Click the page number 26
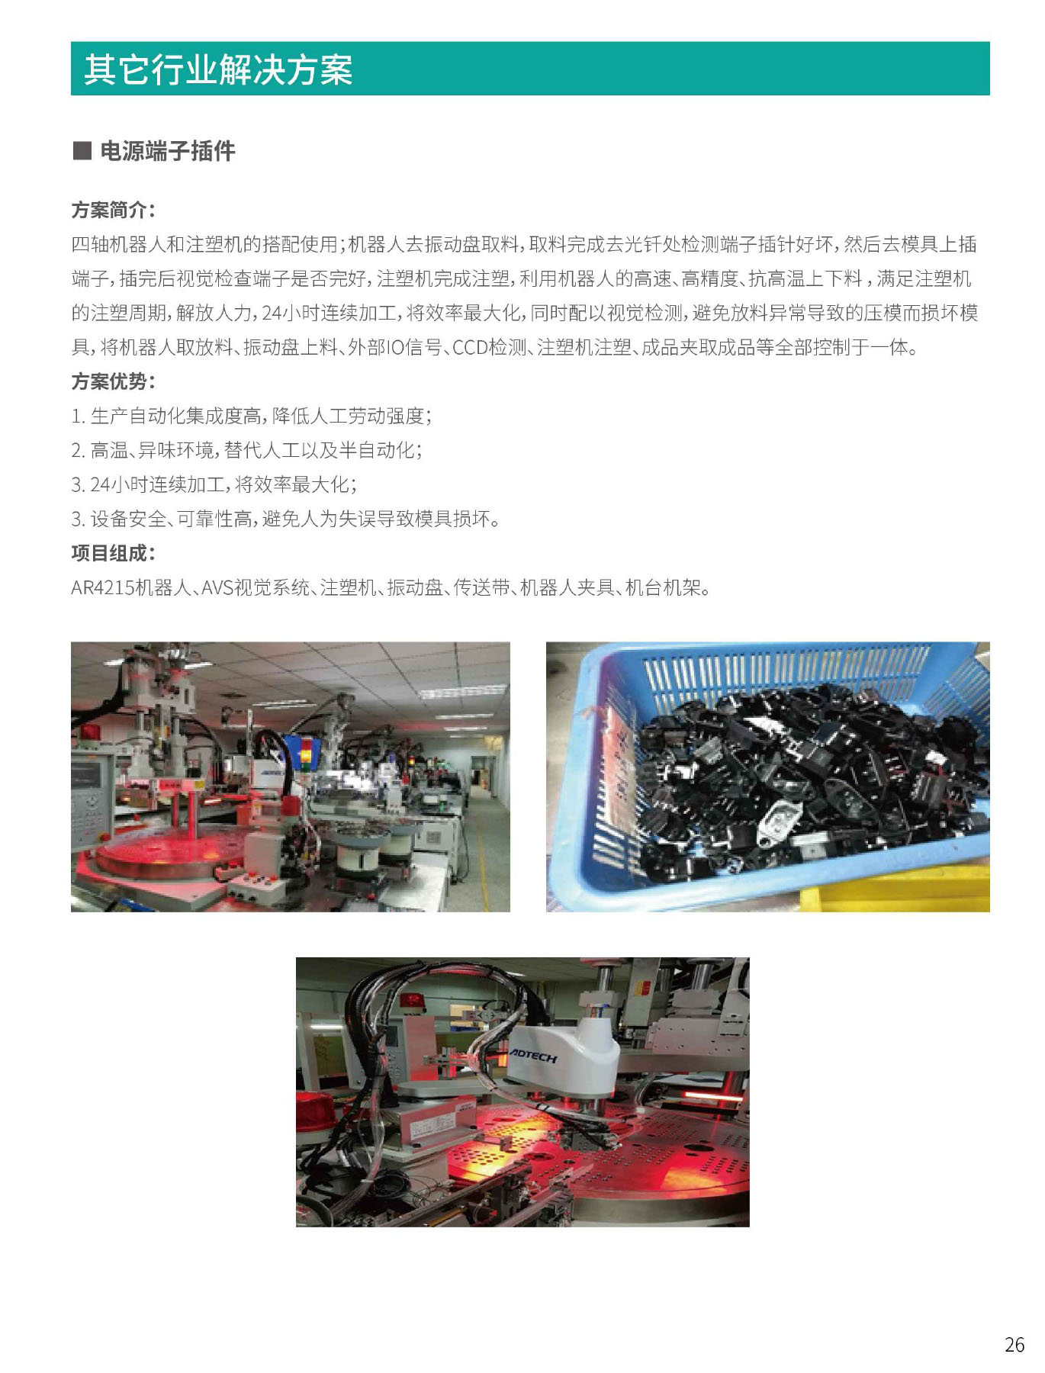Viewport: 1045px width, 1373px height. point(1014,1345)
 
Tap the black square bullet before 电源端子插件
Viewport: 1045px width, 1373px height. point(81,150)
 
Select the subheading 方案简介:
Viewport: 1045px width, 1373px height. point(113,210)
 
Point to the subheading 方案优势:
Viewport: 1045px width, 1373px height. point(113,381)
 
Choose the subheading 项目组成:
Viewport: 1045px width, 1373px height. point(113,553)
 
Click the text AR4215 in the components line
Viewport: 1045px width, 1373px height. point(102,588)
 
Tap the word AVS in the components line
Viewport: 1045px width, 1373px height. point(217,588)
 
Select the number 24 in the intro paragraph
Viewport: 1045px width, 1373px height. point(271,314)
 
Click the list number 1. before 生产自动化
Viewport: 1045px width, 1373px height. point(78,416)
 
